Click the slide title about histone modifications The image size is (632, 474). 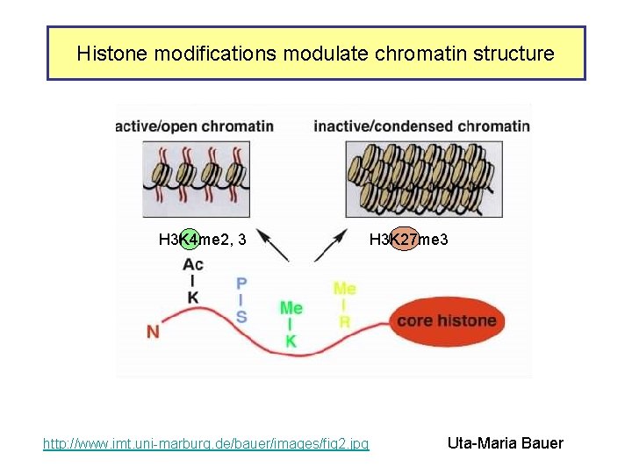tap(315, 54)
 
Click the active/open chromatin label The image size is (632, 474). tap(195, 126)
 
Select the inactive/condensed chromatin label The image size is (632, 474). tap(421, 126)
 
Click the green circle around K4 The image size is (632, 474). tap(188, 239)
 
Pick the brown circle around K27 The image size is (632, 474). tap(405, 239)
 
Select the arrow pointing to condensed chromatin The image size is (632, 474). tap(333, 246)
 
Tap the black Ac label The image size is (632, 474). tap(193, 264)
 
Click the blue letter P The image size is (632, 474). tap(241, 284)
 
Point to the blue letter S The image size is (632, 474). tap(241, 316)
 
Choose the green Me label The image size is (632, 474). tap(291, 308)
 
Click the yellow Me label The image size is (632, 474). tap(345, 288)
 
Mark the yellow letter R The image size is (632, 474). tap(345, 322)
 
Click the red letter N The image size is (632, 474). tap(154, 332)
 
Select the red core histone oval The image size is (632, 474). tap(446, 320)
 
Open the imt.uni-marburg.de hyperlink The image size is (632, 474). tap(206, 444)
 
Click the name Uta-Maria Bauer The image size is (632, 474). tap(506, 443)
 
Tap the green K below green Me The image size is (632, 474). tap(291, 341)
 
